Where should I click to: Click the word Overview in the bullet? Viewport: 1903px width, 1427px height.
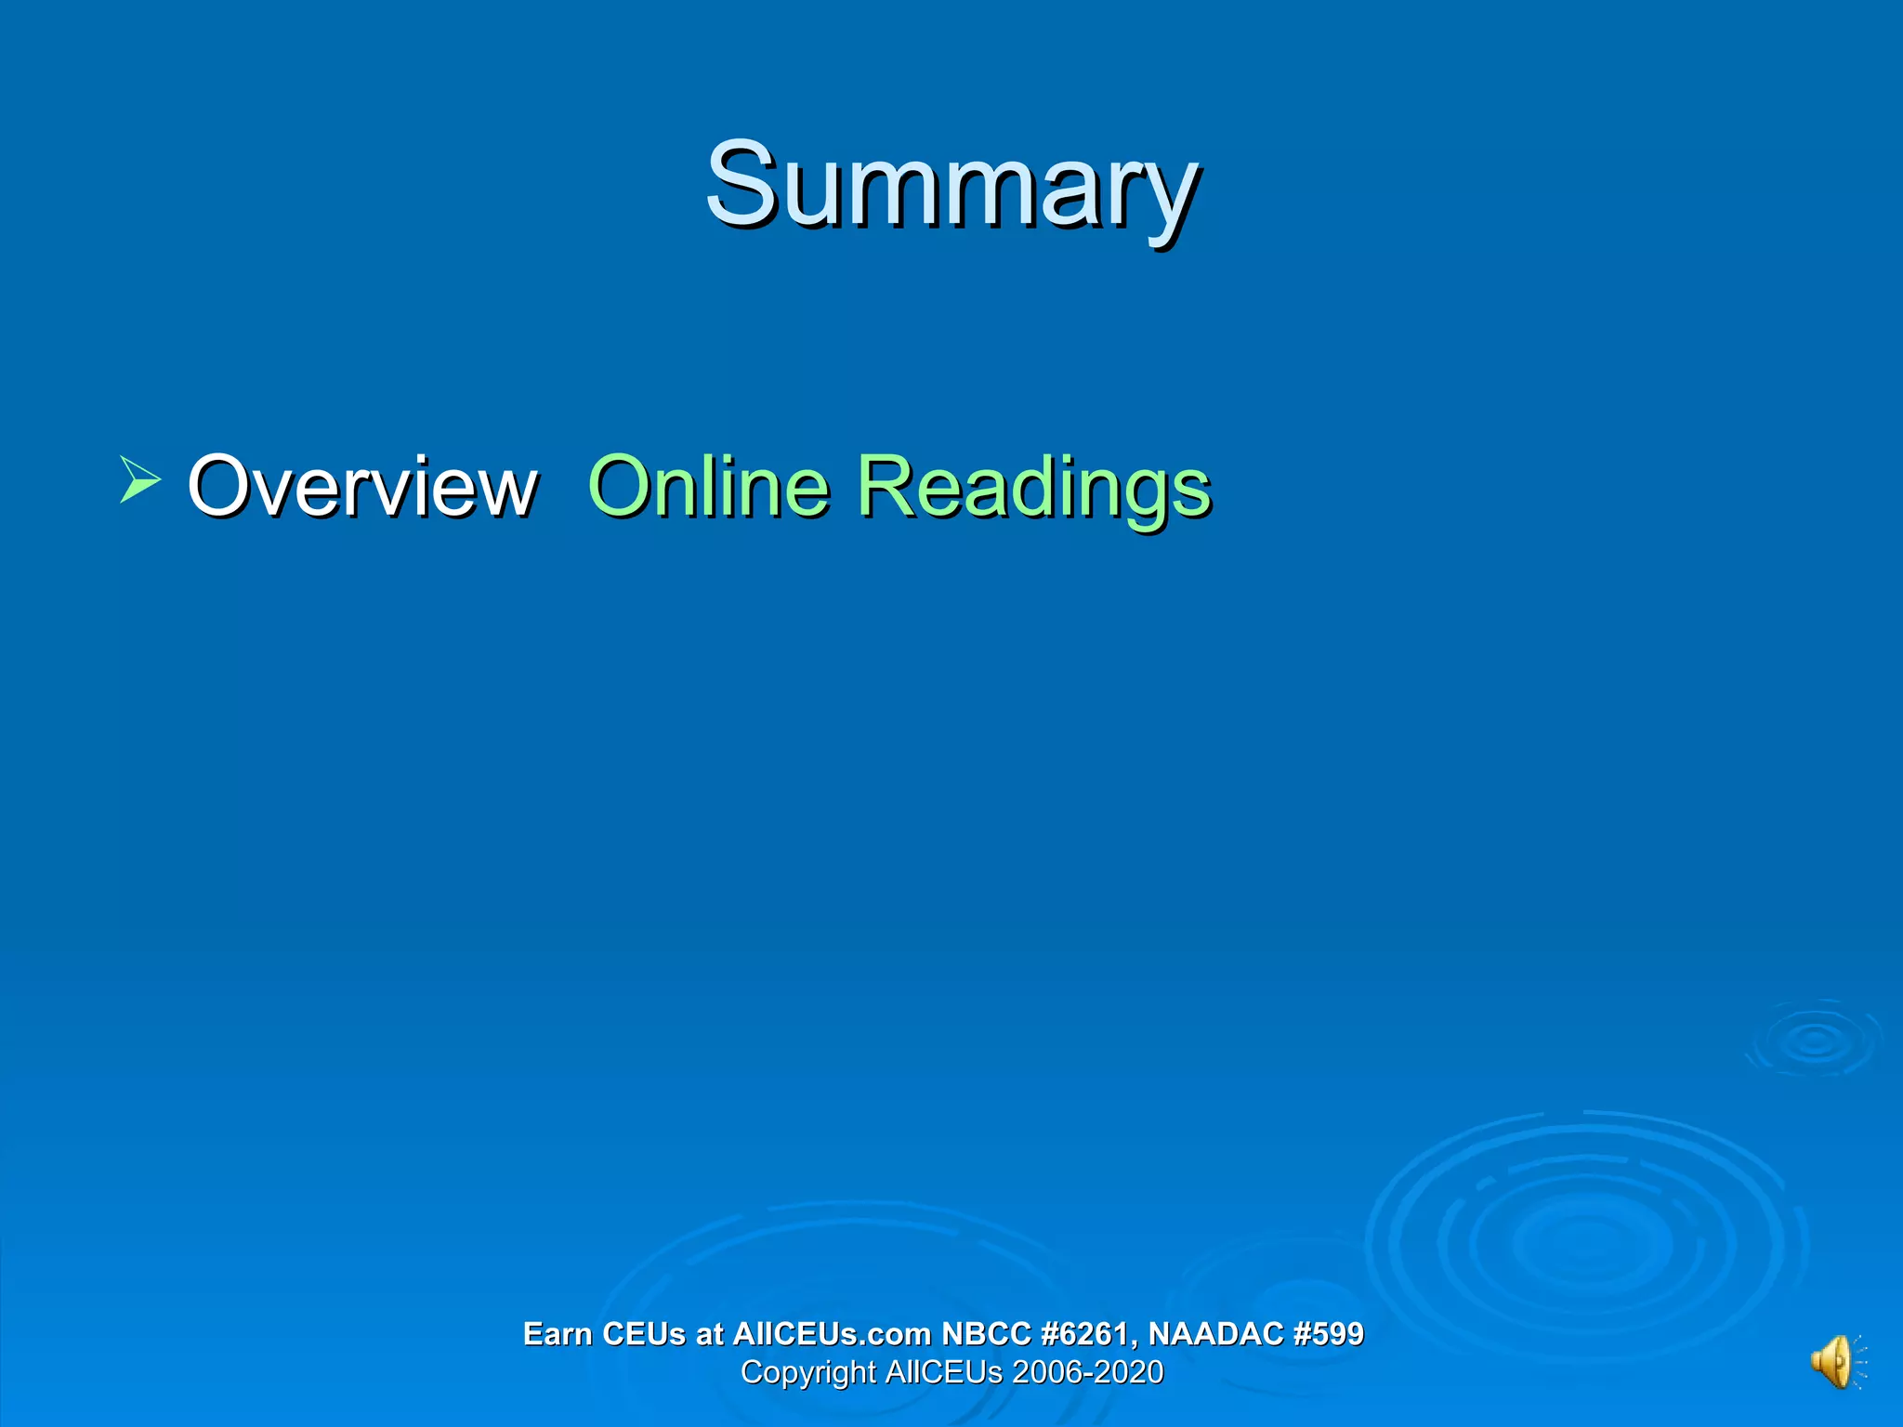click(362, 486)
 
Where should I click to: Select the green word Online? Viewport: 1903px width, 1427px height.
click(708, 486)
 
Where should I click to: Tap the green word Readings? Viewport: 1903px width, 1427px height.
click(1033, 488)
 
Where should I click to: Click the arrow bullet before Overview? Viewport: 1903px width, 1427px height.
click(139, 479)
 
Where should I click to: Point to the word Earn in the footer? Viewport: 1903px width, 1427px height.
click(558, 1334)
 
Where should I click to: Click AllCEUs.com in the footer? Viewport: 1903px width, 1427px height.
click(832, 1334)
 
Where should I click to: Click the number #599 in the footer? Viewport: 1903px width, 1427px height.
click(1328, 1334)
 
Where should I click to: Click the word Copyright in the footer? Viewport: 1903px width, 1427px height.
click(807, 1372)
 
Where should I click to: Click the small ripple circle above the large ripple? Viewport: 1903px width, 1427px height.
click(1814, 1040)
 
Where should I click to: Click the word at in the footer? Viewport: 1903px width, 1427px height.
click(709, 1334)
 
